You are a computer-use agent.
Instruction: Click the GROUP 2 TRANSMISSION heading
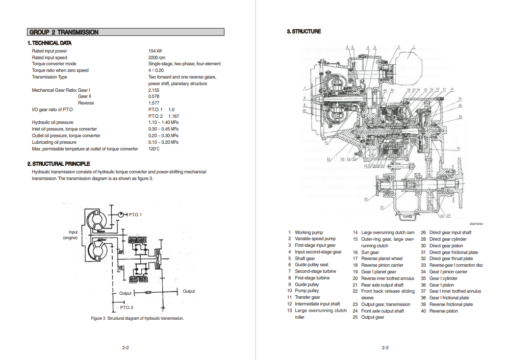pyautogui.click(x=64, y=32)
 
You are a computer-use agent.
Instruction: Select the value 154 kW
pyautogui.click(x=155, y=51)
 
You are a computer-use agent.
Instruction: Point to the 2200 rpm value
pyautogui.click(x=157, y=58)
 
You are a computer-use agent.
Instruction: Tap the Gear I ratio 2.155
pyautogui.click(x=154, y=90)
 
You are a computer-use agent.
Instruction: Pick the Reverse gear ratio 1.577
pyautogui.click(x=154, y=103)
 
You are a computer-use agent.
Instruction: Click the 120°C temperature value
pyautogui.click(x=154, y=149)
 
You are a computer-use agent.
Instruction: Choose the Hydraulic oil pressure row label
pyautogui.click(x=53, y=122)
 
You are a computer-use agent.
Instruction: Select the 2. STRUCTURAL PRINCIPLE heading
pyautogui.click(x=58, y=164)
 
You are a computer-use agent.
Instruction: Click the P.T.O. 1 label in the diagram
pyautogui.click(x=135, y=215)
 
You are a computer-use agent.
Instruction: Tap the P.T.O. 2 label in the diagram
pyautogui.click(x=126, y=307)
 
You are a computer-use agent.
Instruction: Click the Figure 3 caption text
pyautogui.click(x=137, y=318)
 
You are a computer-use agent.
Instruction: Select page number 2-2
pyautogui.click(x=125, y=348)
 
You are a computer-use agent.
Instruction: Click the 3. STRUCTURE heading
pyautogui.click(x=304, y=32)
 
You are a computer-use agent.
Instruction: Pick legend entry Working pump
pyautogui.click(x=309, y=233)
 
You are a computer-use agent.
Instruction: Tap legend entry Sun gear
pyautogui.click(x=370, y=252)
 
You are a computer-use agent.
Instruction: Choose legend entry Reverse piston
pyautogui.click(x=443, y=311)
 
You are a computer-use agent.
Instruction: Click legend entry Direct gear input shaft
pyautogui.click(x=450, y=233)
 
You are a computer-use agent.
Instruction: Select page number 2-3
pyautogui.click(x=385, y=348)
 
